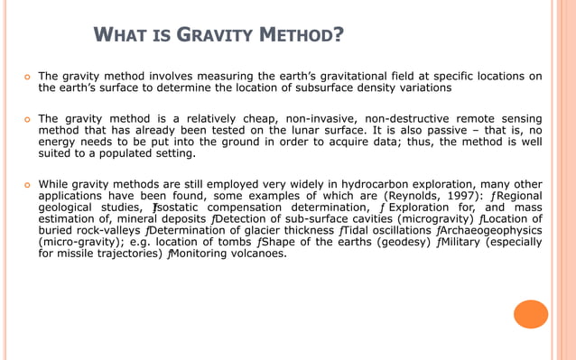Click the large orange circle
pos(530,313)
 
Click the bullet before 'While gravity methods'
pos(24,180)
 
